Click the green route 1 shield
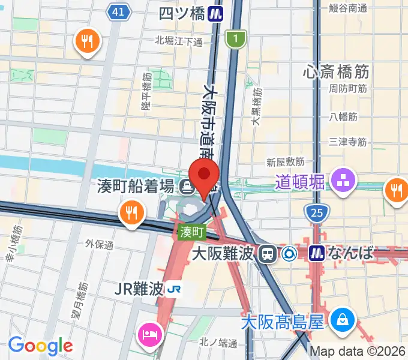point(236,40)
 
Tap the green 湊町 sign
point(191,230)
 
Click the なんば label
point(350,254)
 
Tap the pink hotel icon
point(148,333)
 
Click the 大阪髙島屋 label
point(283,323)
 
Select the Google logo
point(40,346)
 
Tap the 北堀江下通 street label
point(179,41)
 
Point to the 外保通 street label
point(99,245)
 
